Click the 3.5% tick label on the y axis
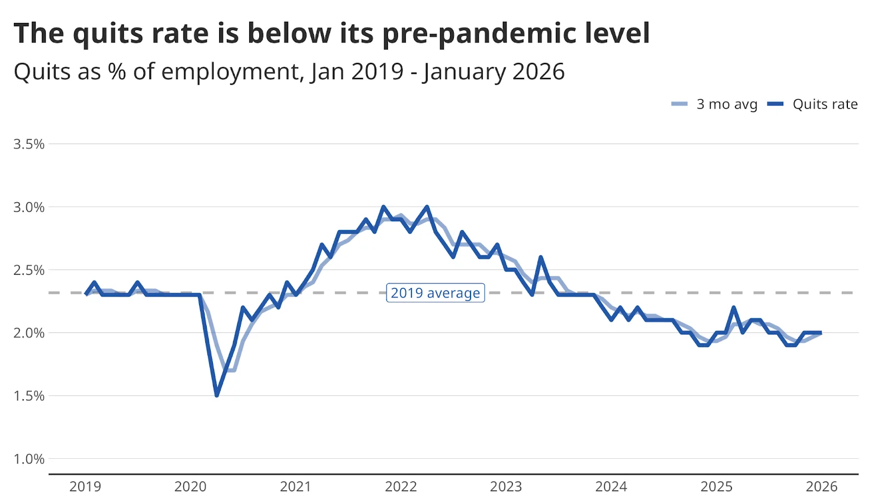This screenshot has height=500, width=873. pyautogui.click(x=29, y=144)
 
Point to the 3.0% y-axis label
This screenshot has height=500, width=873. pyautogui.click(x=29, y=207)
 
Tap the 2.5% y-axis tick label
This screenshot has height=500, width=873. pyautogui.click(x=29, y=270)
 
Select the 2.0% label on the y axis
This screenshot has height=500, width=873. pyautogui.click(x=29, y=333)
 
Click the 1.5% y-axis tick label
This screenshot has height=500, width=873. pyautogui.click(x=29, y=396)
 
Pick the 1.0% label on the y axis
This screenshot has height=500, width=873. pyautogui.click(x=29, y=459)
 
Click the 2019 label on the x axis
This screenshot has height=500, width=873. pyautogui.click(x=85, y=487)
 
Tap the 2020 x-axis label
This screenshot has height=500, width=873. pyautogui.click(x=190, y=487)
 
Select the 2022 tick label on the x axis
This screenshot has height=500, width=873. pyautogui.click(x=401, y=487)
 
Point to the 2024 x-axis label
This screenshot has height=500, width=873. pyautogui.click(x=611, y=487)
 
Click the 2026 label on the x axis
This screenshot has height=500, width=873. pyautogui.click(x=821, y=487)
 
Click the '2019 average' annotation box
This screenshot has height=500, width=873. pyautogui.click(x=435, y=293)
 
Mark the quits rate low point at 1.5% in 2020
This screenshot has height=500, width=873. pyautogui.click(x=217, y=395)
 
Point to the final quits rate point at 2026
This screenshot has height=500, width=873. pyautogui.click(x=821, y=333)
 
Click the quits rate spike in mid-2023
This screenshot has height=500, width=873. pyautogui.click(x=541, y=257)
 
